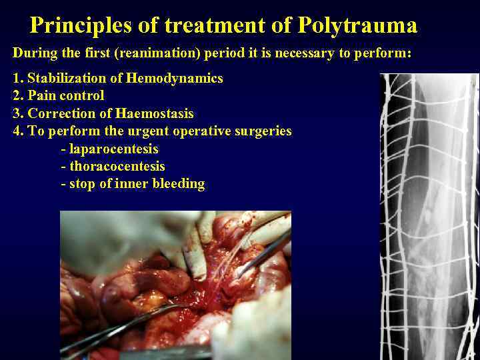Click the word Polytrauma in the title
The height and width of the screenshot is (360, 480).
(x=357, y=26)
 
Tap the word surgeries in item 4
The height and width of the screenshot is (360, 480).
(x=264, y=131)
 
